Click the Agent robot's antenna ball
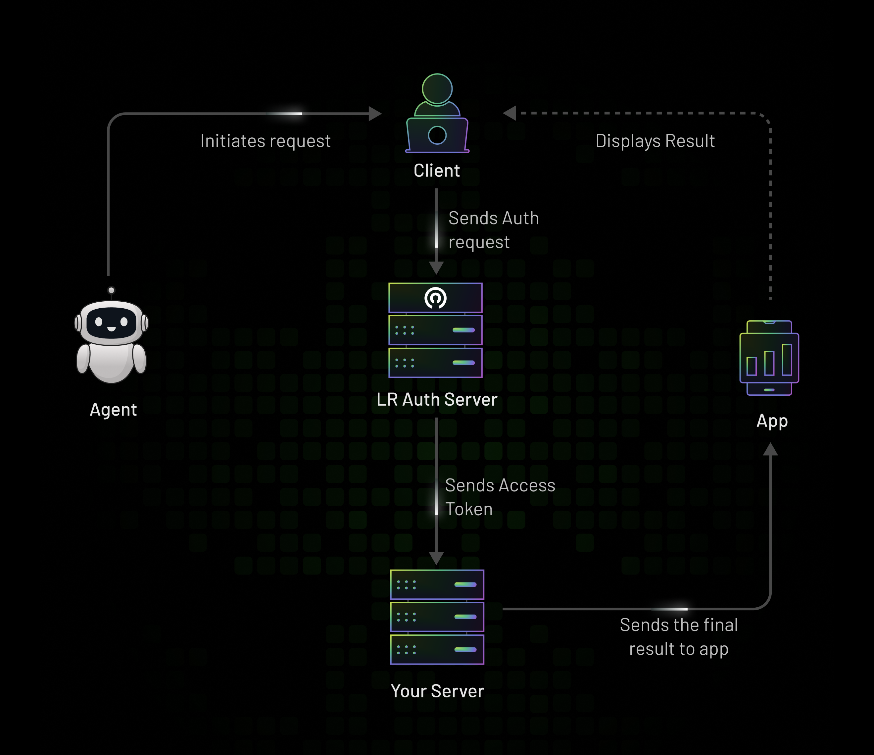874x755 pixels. pos(111,290)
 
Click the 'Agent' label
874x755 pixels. pos(113,410)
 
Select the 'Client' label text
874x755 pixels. pos(437,171)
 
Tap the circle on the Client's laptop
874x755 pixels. pos(437,135)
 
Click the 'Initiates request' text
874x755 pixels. pos(265,141)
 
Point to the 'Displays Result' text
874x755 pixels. pos(655,141)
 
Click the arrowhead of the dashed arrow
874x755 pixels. pos(510,113)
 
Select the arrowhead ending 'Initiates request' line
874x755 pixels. pos(374,114)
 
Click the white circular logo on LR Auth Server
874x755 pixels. pos(435,298)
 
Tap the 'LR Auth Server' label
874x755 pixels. pos(437,400)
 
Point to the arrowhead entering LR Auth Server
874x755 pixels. pos(436,268)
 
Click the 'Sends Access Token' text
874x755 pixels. pos(500,497)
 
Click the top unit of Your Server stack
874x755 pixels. pos(437,584)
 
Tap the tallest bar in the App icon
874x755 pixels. pos(787,360)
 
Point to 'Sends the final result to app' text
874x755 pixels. pos(679,637)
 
